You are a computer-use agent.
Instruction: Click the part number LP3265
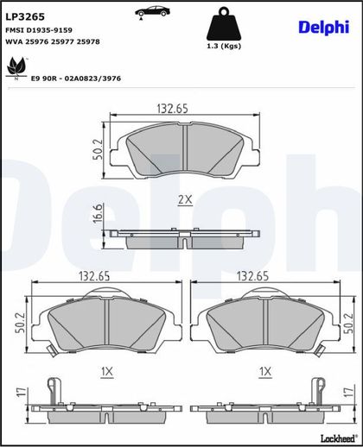pos(25,17)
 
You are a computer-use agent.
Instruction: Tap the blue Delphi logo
pos(324,28)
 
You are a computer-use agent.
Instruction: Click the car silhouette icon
pos(152,12)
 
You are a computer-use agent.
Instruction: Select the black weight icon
pos(224,24)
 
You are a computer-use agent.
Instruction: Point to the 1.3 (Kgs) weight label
pos(224,46)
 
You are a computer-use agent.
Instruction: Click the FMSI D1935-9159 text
pos(39,30)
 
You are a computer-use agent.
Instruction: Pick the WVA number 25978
pos(88,41)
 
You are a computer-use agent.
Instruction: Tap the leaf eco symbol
pos(16,68)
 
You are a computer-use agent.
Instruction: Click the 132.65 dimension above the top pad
pos(172,109)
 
